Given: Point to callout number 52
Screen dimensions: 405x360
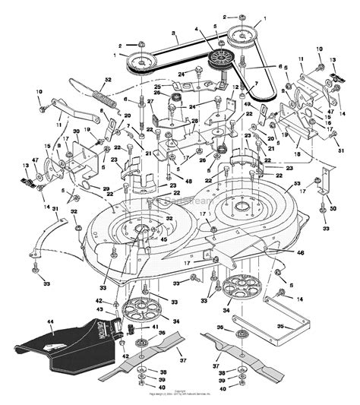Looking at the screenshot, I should pos(108,79).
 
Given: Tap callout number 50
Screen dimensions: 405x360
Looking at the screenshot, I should pos(332,207).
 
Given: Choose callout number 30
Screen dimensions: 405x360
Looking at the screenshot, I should pos(77,131).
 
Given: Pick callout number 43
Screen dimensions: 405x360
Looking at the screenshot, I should pos(98,309).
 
